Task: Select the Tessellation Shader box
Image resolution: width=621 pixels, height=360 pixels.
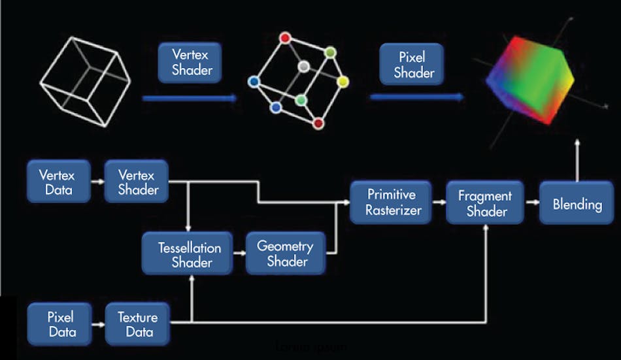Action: pos(187,254)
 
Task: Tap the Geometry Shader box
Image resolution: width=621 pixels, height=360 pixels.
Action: pos(285,254)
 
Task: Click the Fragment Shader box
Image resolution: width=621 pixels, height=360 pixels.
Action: pos(485,203)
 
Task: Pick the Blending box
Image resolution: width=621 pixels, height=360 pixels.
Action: pos(577,204)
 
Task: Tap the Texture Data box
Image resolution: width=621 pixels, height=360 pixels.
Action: pos(137,324)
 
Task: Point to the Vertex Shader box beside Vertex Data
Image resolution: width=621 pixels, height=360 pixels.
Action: pos(137,182)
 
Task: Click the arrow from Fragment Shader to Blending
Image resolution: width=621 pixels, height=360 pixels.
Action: pos(532,203)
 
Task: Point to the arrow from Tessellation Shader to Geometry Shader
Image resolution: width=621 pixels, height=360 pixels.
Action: pos(239,254)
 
